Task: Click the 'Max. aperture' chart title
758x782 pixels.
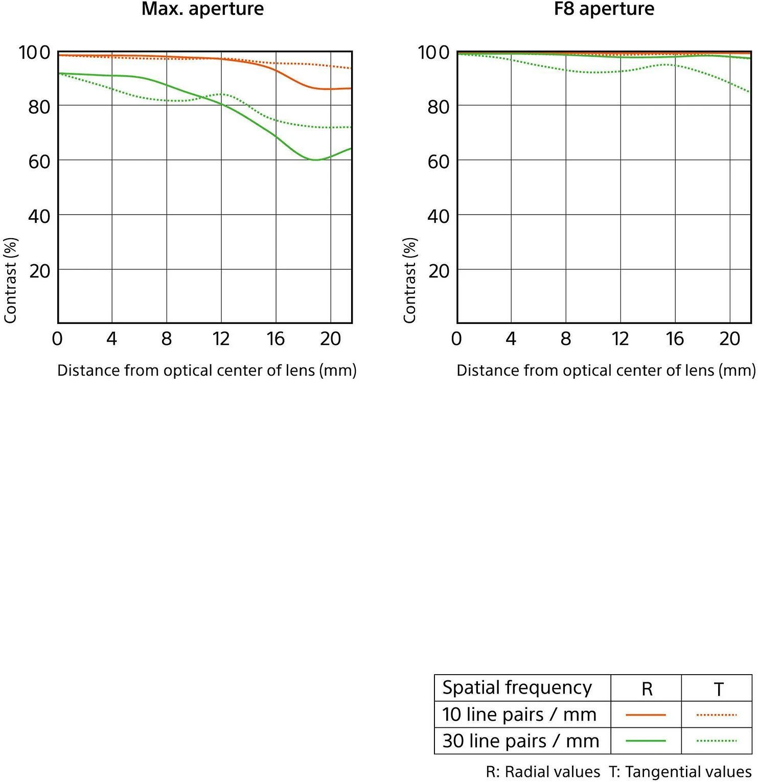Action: pyautogui.click(x=202, y=9)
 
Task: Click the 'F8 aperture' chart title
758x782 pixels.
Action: pyautogui.click(x=604, y=9)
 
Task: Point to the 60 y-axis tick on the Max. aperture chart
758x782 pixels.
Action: pyautogui.click(x=39, y=162)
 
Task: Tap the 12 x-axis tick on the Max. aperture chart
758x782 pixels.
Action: pyautogui.click(x=221, y=338)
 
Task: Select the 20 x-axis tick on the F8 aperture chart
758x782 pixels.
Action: pyautogui.click(x=729, y=338)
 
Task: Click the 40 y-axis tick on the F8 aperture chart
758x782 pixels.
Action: pyautogui.click(x=438, y=216)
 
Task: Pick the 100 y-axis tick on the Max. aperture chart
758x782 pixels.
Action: pyautogui.click(x=34, y=52)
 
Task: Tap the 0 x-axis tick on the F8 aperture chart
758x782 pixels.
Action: pyautogui.click(x=456, y=338)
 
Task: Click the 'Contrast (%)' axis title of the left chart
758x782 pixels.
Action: pyautogui.click(x=11, y=280)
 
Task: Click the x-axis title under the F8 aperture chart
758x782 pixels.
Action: pyautogui.click(x=606, y=370)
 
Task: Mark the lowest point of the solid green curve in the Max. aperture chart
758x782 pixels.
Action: pyautogui.click(x=315, y=160)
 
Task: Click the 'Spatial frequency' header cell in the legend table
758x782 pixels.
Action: pyautogui.click(x=517, y=687)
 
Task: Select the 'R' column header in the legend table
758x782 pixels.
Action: pyautogui.click(x=647, y=689)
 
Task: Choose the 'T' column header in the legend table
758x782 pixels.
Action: pyautogui.click(x=718, y=689)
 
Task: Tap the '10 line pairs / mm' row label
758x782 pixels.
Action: pyautogui.click(x=519, y=715)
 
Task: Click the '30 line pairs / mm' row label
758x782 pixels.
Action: pyautogui.click(x=520, y=741)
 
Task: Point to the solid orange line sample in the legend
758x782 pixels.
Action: pyautogui.click(x=646, y=715)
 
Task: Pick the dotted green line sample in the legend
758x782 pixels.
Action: pyautogui.click(x=717, y=741)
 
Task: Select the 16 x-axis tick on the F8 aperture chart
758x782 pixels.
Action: pyautogui.click(x=675, y=338)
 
